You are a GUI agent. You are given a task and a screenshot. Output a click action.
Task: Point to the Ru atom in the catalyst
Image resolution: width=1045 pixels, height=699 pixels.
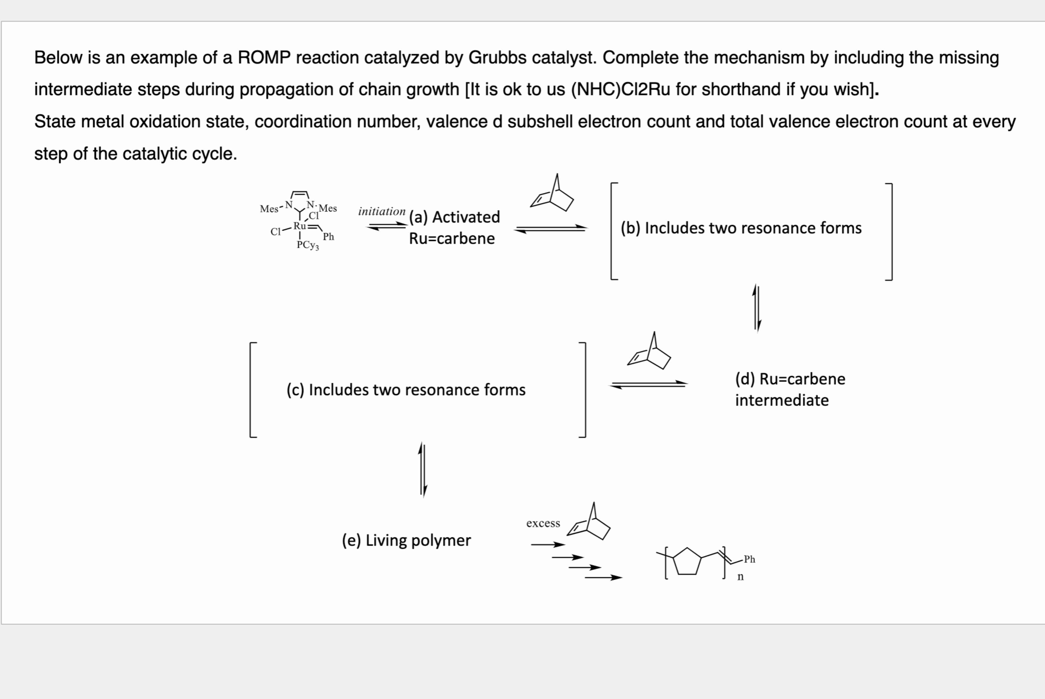(299, 226)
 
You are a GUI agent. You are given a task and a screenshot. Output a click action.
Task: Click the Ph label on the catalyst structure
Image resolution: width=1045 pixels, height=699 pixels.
(329, 237)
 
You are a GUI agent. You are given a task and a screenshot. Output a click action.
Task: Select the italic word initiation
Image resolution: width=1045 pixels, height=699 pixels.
(382, 211)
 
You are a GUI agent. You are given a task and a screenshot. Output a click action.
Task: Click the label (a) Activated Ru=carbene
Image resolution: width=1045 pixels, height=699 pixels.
(454, 227)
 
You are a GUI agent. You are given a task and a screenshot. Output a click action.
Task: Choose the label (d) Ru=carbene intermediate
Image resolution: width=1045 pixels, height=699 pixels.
(790, 389)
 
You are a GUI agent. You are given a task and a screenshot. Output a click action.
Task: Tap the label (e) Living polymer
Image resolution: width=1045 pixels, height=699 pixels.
(406, 540)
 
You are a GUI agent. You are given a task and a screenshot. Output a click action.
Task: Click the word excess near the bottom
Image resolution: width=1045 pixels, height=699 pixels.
(543, 523)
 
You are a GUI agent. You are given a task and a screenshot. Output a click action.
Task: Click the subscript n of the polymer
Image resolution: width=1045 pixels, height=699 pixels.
(740, 577)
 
